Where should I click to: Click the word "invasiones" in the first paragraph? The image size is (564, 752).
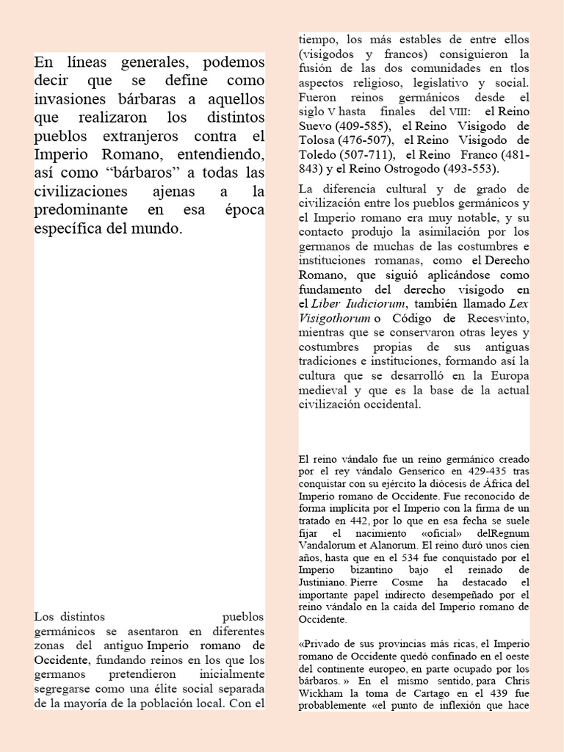tap(73, 99)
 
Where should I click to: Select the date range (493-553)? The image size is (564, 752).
tap(472, 167)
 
